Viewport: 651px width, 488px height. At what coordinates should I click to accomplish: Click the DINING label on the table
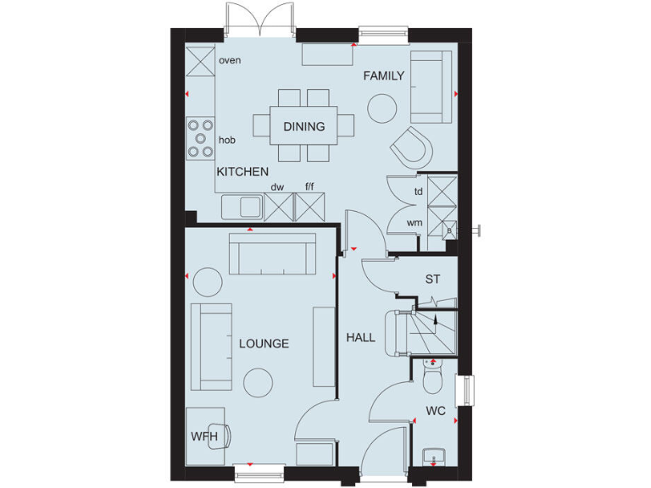[304, 127]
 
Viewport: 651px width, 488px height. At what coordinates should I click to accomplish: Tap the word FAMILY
[384, 76]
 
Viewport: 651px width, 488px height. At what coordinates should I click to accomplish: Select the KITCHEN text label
[242, 172]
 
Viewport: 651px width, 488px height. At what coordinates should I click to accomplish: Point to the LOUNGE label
[264, 344]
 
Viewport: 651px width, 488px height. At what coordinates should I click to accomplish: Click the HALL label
[360, 337]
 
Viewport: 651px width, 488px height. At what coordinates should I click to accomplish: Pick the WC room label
[436, 413]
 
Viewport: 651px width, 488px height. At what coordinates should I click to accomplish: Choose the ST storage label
[432, 279]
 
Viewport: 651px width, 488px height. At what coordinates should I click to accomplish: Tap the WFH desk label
[203, 436]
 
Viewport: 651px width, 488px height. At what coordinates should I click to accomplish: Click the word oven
[230, 61]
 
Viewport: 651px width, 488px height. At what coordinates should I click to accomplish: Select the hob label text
[226, 140]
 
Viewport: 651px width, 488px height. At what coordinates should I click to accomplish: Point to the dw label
[276, 187]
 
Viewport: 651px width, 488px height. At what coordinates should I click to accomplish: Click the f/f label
[309, 187]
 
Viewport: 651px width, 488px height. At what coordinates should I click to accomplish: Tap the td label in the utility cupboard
[418, 191]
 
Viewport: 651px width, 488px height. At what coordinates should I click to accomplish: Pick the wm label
[415, 223]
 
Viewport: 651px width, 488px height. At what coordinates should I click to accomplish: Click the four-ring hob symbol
[201, 138]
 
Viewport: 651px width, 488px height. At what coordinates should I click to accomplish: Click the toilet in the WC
[432, 380]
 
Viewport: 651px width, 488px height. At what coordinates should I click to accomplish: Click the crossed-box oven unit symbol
[201, 61]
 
